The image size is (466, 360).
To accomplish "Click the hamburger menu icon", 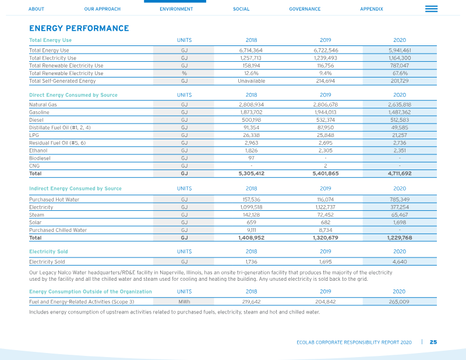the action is point(431,9).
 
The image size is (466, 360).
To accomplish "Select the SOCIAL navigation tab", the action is point(241,9).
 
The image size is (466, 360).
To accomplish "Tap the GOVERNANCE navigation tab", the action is point(305,9).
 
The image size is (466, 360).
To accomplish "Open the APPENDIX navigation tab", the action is point(372,9).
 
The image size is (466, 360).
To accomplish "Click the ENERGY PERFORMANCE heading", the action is point(79,28).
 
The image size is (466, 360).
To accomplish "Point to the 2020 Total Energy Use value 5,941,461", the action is point(400,50).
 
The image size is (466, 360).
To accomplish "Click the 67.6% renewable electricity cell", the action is point(400,73).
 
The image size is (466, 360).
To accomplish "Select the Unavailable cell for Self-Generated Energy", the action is point(252,81).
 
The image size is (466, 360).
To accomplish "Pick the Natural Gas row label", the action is point(43,105).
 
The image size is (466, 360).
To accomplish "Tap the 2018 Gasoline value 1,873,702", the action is point(252,112).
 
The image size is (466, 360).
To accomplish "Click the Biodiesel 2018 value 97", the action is point(252,158).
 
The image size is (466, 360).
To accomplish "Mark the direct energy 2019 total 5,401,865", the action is point(326,174).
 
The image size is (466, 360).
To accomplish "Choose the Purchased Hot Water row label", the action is point(54,199).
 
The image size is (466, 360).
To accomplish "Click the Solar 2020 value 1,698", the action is point(400,223).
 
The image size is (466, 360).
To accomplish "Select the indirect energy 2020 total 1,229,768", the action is point(400,238).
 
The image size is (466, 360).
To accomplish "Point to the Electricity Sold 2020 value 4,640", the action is point(400,262).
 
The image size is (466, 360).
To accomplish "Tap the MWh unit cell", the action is point(184,302).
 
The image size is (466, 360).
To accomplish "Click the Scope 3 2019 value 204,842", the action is point(326,302).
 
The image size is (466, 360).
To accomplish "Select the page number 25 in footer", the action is point(433,342).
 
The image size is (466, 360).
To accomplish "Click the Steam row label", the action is point(37,215).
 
